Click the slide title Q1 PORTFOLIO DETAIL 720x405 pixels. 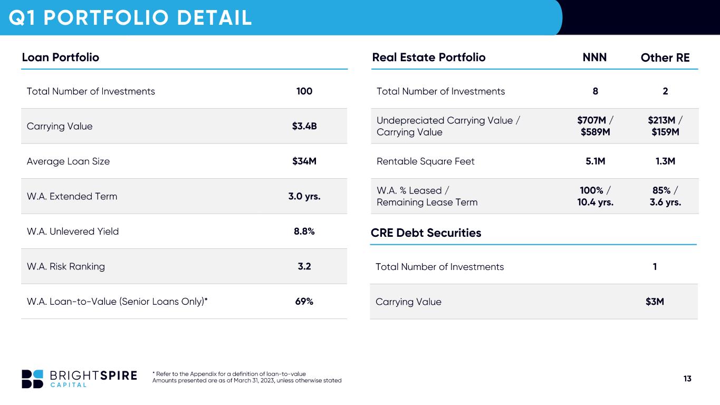pyautogui.click(x=130, y=17)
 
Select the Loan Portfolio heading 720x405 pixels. pyautogui.click(x=61, y=57)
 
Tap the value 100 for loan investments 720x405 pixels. pyautogui.click(x=304, y=91)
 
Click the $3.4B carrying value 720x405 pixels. pyautogui.click(x=304, y=126)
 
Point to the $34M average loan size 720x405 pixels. pyautogui.click(x=304, y=161)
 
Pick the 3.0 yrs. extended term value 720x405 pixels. pyautogui.click(x=304, y=196)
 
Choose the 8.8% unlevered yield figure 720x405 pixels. pyautogui.click(x=304, y=231)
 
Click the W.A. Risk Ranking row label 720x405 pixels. pyautogui.click(x=66, y=266)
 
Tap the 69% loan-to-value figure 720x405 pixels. pyautogui.click(x=304, y=301)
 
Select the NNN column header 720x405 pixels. pyautogui.click(x=594, y=57)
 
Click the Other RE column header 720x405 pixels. pyautogui.click(x=665, y=57)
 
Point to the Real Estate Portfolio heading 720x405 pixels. pyautogui.click(x=429, y=57)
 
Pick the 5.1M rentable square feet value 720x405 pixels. pyautogui.click(x=596, y=161)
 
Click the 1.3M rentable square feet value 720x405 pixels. pyautogui.click(x=665, y=161)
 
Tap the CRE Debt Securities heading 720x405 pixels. pyautogui.click(x=426, y=233)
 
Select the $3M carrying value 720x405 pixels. pyautogui.click(x=655, y=302)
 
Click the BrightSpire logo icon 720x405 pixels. pyautogui.click(x=33, y=379)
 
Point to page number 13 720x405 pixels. pyautogui.click(x=687, y=379)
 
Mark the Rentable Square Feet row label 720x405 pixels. pyautogui.click(x=425, y=161)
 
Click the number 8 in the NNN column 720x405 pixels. pyautogui.click(x=596, y=91)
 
